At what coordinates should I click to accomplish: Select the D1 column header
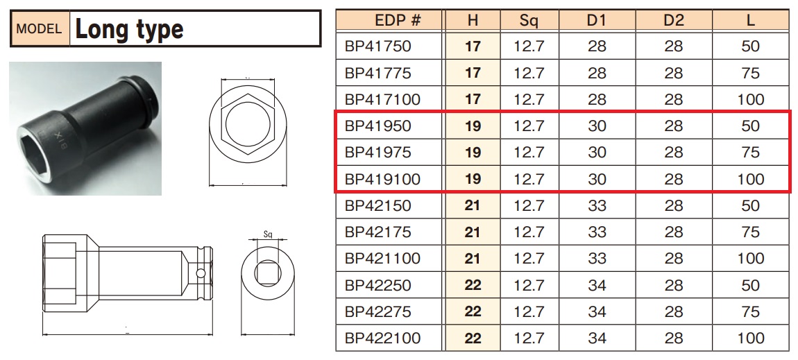pyautogui.click(x=597, y=21)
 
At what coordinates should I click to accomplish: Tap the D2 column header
pyautogui.click(x=674, y=21)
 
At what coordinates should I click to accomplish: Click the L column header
pyautogui.click(x=751, y=21)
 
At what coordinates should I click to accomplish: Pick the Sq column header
pyautogui.click(x=529, y=21)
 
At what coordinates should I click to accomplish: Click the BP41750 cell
pyautogui.click(x=377, y=46)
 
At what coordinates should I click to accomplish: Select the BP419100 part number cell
pyautogui.click(x=383, y=179)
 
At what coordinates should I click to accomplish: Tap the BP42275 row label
pyautogui.click(x=377, y=311)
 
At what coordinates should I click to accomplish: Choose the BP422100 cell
pyautogui.click(x=383, y=338)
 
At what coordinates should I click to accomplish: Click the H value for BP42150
pyautogui.click(x=473, y=205)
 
